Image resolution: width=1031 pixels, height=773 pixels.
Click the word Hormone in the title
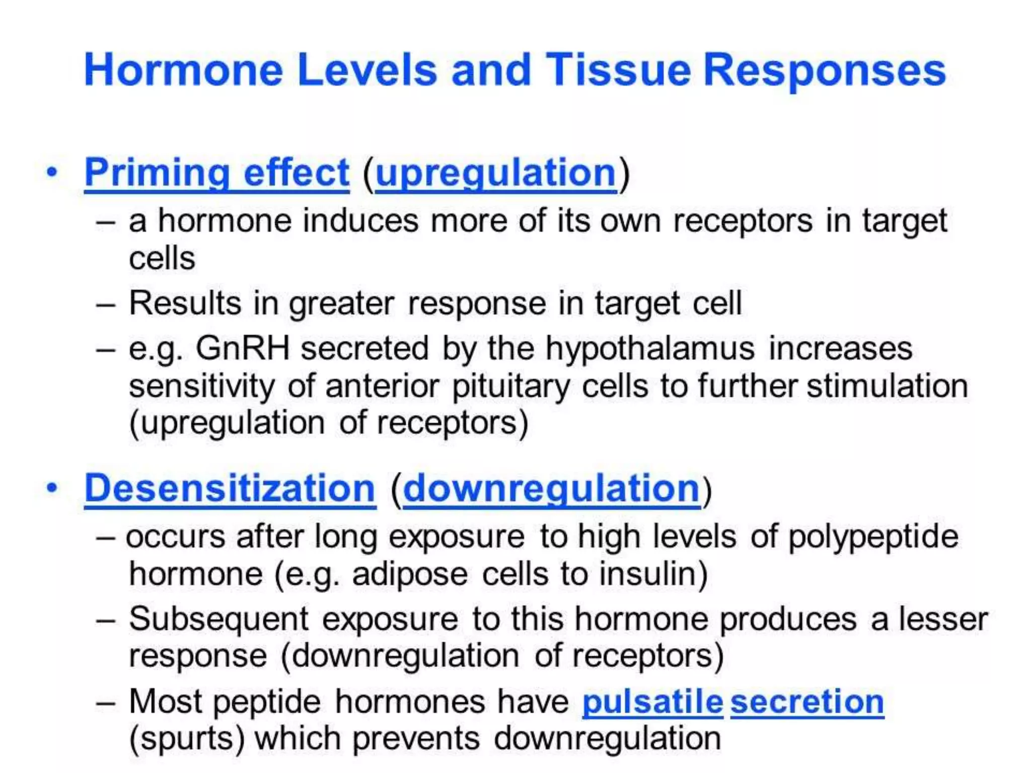pos(184,70)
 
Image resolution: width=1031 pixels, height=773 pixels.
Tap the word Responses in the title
pos(825,70)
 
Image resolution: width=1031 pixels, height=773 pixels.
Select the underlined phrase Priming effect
pos(216,173)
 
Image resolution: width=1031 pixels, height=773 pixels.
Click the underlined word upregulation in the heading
pos(496,173)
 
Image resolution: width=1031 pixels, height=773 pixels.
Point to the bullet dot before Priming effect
pos(52,173)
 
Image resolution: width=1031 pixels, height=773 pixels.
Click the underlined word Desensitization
pos(230,488)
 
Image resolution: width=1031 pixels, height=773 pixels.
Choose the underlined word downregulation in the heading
pos(551,488)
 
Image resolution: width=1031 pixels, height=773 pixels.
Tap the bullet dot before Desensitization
pos(52,488)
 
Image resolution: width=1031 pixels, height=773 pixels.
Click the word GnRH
pos(243,348)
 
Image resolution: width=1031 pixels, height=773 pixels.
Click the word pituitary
pos(511,386)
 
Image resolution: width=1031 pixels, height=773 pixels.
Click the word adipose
pos(410,575)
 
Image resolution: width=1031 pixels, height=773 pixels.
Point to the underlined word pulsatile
pos(652,702)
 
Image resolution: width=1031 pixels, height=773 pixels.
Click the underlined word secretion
pos(807,702)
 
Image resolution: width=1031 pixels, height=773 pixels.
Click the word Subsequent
pos(218,619)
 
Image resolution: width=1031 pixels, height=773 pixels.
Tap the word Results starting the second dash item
pos(185,303)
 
